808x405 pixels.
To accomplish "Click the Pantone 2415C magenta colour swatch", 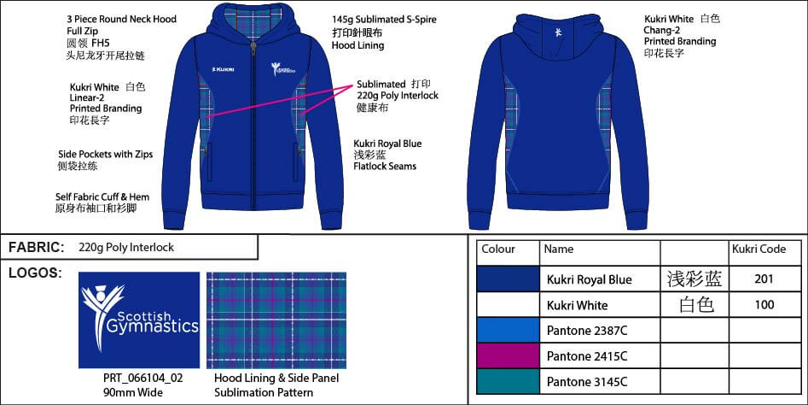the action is (x=508, y=356).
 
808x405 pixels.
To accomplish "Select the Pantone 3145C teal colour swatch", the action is (x=508, y=382).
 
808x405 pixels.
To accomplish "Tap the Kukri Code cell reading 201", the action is (x=764, y=279).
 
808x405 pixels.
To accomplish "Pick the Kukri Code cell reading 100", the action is (x=764, y=304).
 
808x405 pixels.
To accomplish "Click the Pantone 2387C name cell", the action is (x=587, y=330).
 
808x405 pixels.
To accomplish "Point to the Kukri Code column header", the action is (x=759, y=249).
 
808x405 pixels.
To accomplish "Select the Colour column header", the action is (x=497, y=249).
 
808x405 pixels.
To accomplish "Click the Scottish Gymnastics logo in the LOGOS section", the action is (x=139, y=320).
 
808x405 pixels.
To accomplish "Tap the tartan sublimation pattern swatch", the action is (x=276, y=320).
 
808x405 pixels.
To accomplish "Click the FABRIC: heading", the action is (x=37, y=247).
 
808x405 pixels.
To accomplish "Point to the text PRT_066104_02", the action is (x=142, y=379).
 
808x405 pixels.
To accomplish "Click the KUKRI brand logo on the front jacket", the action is (x=224, y=69).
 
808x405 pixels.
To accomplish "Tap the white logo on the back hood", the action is (x=557, y=32).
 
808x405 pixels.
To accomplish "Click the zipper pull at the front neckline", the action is (x=253, y=50).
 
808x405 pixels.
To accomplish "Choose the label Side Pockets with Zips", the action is (x=106, y=155).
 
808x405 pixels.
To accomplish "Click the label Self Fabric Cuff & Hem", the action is (x=102, y=197).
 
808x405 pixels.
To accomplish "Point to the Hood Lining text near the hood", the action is (x=358, y=45).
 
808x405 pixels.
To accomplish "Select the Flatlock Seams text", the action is (x=385, y=166).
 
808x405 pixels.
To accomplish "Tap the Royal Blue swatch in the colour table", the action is (x=508, y=279).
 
